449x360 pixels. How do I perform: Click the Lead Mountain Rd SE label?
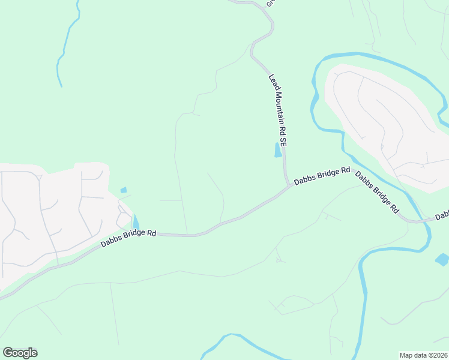tap(278, 111)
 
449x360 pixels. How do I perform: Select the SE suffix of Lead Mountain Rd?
tap(285, 143)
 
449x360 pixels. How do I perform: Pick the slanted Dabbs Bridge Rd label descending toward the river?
tap(377, 193)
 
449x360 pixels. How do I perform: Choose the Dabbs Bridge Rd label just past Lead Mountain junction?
tap(322, 175)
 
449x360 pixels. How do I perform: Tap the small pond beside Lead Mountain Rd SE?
tap(278, 150)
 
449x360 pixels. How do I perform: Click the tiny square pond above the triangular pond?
tap(124, 190)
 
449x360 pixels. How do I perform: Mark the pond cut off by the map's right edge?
tap(442, 260)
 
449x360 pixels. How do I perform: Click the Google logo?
tap(20, 353)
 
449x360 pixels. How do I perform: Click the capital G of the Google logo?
tap(8, 353)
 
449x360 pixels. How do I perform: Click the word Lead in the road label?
tap(271, 80)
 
